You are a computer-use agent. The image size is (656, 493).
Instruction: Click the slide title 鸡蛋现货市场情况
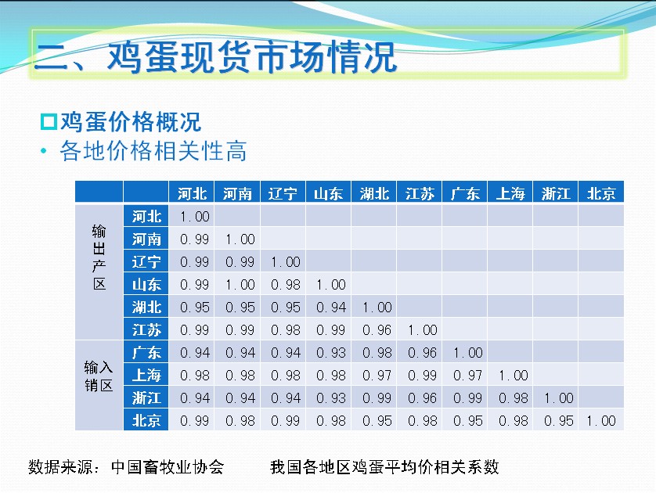coord(251,56)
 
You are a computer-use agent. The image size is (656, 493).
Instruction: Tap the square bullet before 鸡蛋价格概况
coord(49,121)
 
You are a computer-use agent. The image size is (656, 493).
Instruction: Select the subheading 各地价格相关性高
coord(153,150)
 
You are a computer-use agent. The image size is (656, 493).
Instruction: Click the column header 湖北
coord(374,193)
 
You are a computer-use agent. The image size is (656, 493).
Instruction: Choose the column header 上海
coord(510,193)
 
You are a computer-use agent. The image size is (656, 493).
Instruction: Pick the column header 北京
coord(601,193)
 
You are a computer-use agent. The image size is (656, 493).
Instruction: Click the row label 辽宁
coord(146,262)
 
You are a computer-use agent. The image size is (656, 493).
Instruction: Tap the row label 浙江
coord(146,398)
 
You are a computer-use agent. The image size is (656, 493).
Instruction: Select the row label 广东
coord(146,352)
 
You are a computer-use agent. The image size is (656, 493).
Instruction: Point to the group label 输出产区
coord(99,257)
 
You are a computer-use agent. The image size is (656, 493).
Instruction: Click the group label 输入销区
coord(99,376)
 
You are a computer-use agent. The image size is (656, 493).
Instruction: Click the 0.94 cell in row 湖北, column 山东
coord(331,308)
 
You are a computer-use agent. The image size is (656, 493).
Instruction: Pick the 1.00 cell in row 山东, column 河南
coord(240,285)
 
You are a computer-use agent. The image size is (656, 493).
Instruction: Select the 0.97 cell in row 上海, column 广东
coord(468,376)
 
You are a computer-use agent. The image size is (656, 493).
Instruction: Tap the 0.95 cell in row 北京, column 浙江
coord(558,421)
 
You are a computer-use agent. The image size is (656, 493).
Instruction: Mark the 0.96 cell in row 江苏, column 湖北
coord(377,330)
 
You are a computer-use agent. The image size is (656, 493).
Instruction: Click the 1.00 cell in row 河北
coord(195,217)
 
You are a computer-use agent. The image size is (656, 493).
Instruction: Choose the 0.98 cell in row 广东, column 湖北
coord(377,353)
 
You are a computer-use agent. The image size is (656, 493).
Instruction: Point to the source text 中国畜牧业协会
coord(168,466)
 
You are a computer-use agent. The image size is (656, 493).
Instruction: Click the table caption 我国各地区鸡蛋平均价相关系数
coord(384,466)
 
